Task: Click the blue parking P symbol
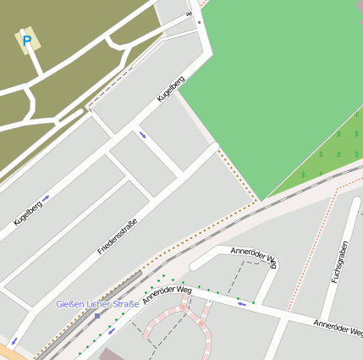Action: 27,40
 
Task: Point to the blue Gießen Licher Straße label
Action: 97,304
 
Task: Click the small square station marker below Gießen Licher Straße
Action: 97,315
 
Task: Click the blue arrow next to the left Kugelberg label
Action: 46,197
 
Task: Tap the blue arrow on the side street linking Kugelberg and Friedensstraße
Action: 142,135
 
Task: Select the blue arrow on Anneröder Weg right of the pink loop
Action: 243,303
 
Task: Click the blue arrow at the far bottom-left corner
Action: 14,341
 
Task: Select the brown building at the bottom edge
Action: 110,354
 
